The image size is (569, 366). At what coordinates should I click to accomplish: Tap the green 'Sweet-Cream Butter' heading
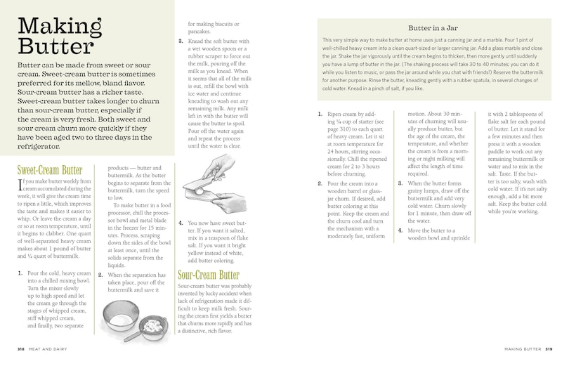49,170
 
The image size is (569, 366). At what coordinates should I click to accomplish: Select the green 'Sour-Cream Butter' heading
209,275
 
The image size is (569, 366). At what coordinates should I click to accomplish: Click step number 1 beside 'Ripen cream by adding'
320,114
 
